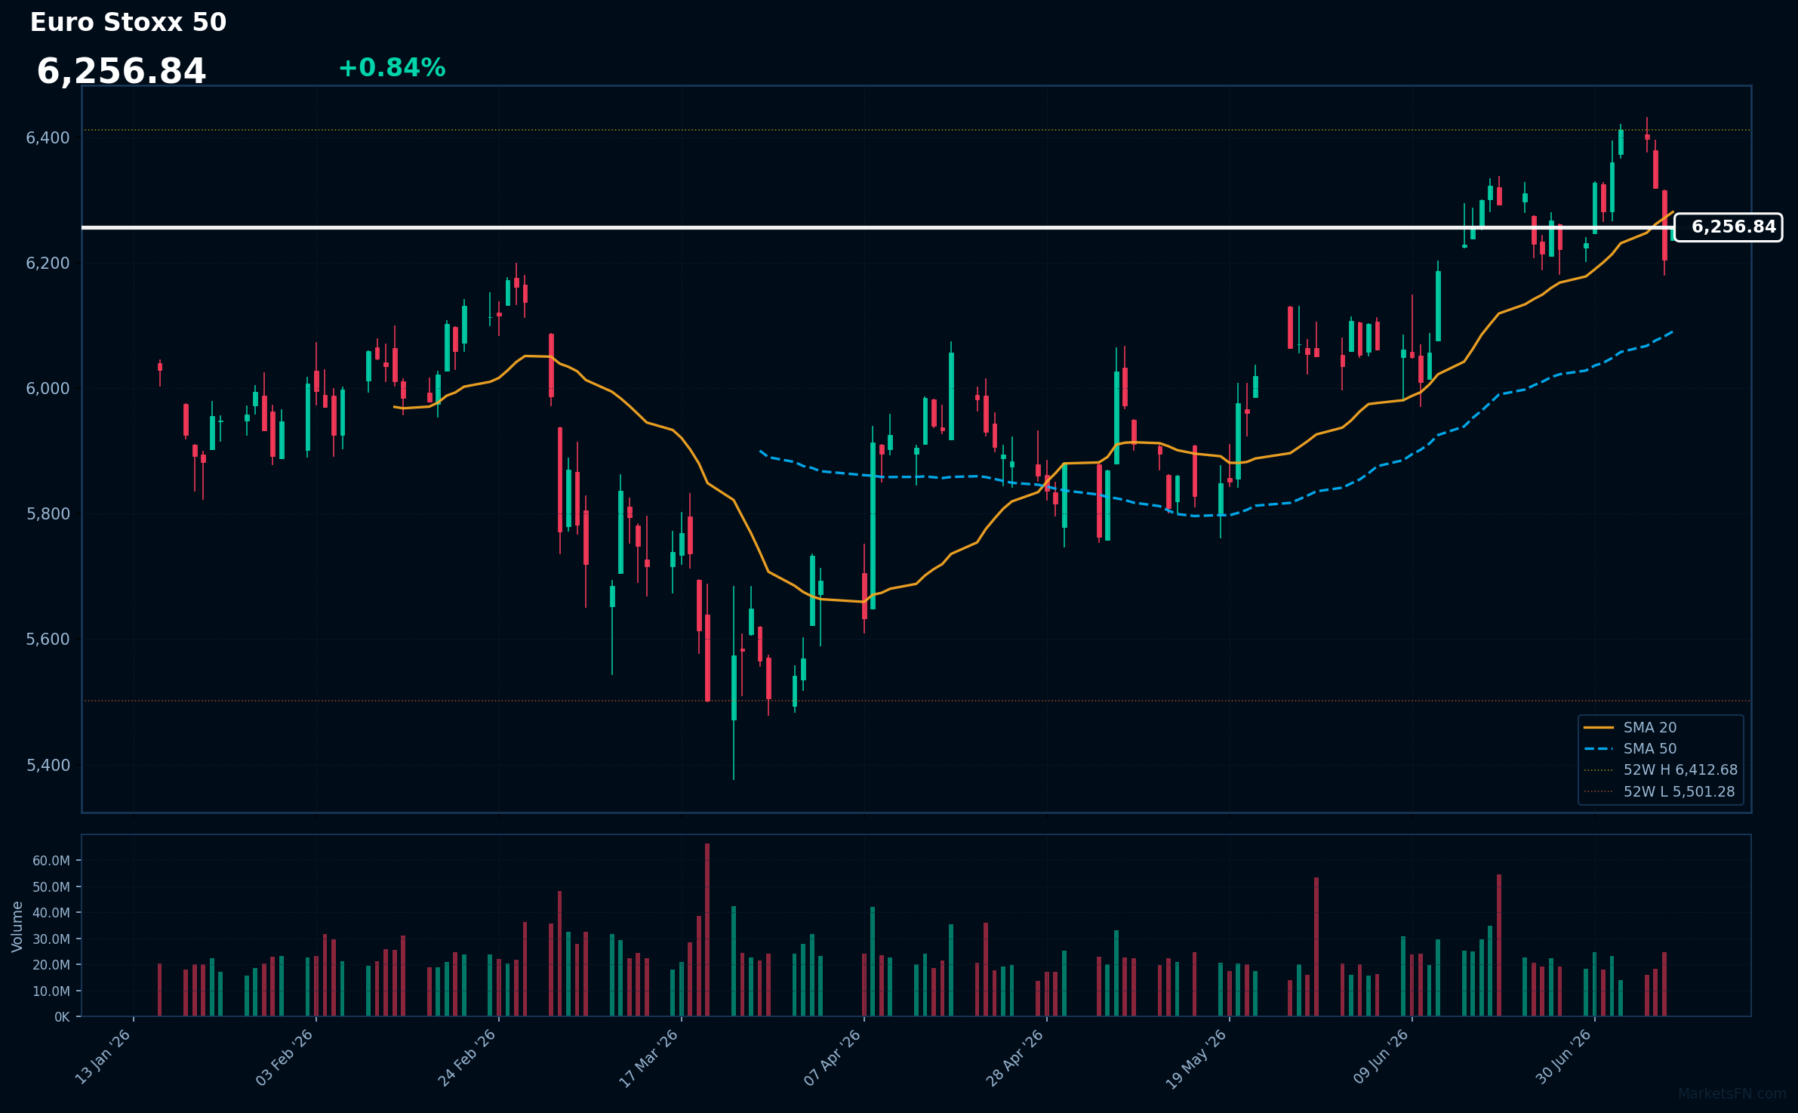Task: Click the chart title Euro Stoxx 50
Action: click(128, 23)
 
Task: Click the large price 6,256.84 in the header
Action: click(122, 72)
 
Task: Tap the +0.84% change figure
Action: click(392, 68)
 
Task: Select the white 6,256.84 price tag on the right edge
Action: click(1728, 227)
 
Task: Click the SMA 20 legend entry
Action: click(1631, 728)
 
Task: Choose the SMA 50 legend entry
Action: click(1631, 749)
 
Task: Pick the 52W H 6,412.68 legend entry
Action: click(1661, 770)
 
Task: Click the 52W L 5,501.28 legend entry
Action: click(1660, 792)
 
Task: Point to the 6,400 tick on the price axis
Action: click(48, 137)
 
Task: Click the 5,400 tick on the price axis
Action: click(48, 765)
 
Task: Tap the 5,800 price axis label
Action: click(48, 514)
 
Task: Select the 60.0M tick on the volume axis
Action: click(51, 861)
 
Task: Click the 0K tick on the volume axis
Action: click(62, 1017)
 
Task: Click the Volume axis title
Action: click(17, 926)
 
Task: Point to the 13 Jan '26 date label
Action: click(103, 1057)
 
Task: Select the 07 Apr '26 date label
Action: click(833, 1057)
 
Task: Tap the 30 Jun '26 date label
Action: click(1563, 1057)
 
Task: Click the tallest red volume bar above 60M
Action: click(707, 930)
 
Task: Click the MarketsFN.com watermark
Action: click(1732, 1094)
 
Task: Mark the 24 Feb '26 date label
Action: click(467, 1057)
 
